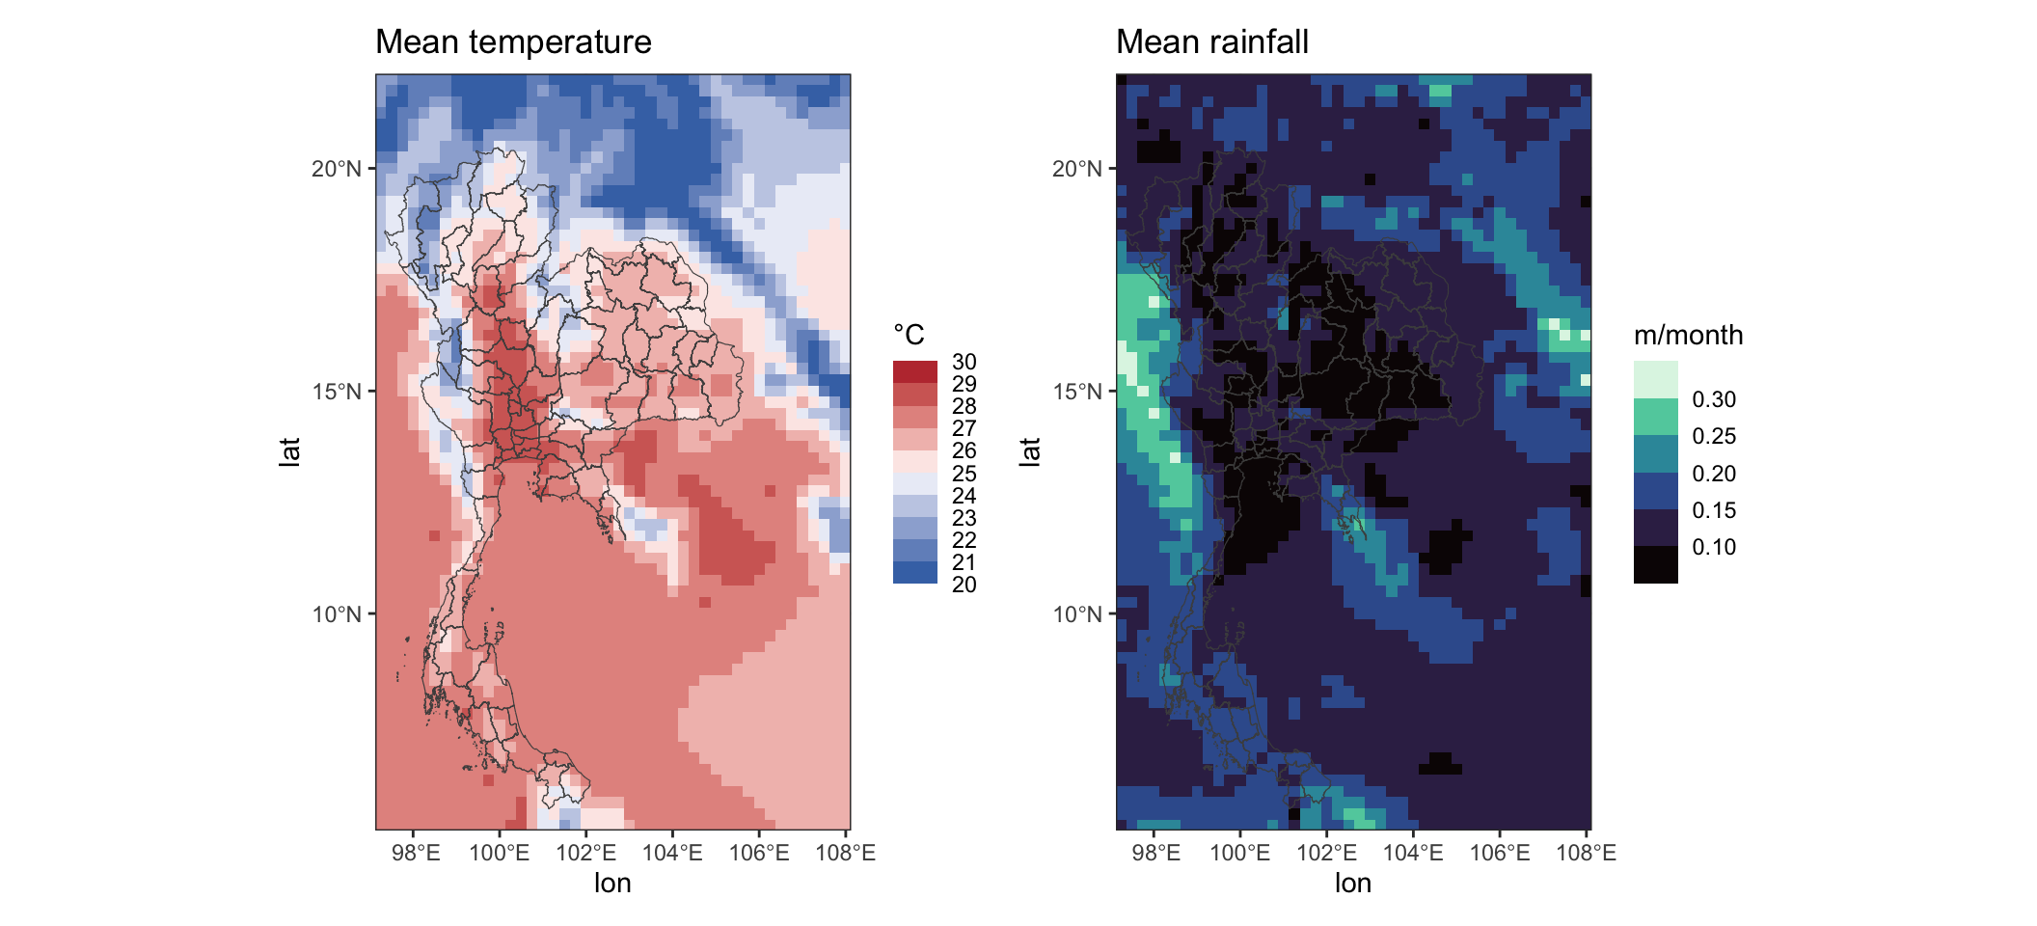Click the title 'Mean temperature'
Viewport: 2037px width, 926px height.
[513, 42]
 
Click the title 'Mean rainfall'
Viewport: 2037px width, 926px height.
[1211, 42]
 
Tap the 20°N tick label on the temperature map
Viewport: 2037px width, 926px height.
[337, 169]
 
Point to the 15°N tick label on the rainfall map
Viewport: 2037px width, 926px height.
[1077, 392]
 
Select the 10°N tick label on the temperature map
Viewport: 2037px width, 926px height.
[337, 614]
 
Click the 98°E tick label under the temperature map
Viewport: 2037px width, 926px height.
[416, 853]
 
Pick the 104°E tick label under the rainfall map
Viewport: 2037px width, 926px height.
[1413, 853]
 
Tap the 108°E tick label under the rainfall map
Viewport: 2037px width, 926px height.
[1587, 853]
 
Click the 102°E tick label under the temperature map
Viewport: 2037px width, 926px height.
[586, 853]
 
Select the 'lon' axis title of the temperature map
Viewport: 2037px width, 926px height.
[612, 883]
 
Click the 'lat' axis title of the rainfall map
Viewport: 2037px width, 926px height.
[1030, 451]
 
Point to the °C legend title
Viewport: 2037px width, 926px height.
[909, 335]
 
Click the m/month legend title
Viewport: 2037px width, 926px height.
[1688, 335]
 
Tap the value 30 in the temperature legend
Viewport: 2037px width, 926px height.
[964, 362]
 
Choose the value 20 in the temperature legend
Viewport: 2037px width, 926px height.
[964, 585]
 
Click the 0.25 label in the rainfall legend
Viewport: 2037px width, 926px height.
[1714, 436]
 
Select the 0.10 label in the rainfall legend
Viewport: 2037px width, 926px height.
[1714, 547]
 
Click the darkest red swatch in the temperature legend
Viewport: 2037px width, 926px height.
[915, 372]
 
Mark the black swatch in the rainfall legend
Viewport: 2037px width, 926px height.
[1656, 565]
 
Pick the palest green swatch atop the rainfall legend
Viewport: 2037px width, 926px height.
[1656, 380]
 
